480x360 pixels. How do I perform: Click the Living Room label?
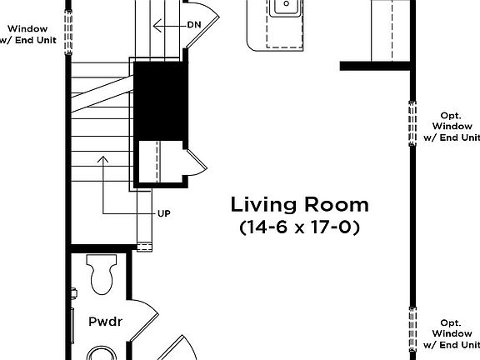(x=299, y=204)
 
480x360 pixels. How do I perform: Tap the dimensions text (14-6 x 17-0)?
(x=299, y=227)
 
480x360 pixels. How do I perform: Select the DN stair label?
(x=194, y=25)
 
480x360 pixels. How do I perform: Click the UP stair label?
(x=164, y=213)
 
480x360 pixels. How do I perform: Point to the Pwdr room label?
(x=105, y=322)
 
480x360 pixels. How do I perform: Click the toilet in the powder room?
(x=102, y=274)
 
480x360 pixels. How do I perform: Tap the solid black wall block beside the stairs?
(x=159, y=101)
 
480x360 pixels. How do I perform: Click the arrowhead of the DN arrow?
(x=157, y=26)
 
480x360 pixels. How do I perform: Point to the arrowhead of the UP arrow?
(x=103, y=159)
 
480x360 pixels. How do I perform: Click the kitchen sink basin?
(x=287, y=7)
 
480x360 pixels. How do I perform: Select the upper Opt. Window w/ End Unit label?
(x=452, y=127)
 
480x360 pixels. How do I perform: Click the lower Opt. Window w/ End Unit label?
(x=452, y=333)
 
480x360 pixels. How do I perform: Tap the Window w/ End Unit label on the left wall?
(x=27, y=34)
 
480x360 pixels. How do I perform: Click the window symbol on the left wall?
(x=68, y=32)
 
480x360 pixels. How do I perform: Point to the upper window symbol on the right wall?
(x=412, y=123)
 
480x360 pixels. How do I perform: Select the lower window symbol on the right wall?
(x=412, y=330)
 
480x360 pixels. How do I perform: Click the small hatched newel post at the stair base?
(x=144, y=247)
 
